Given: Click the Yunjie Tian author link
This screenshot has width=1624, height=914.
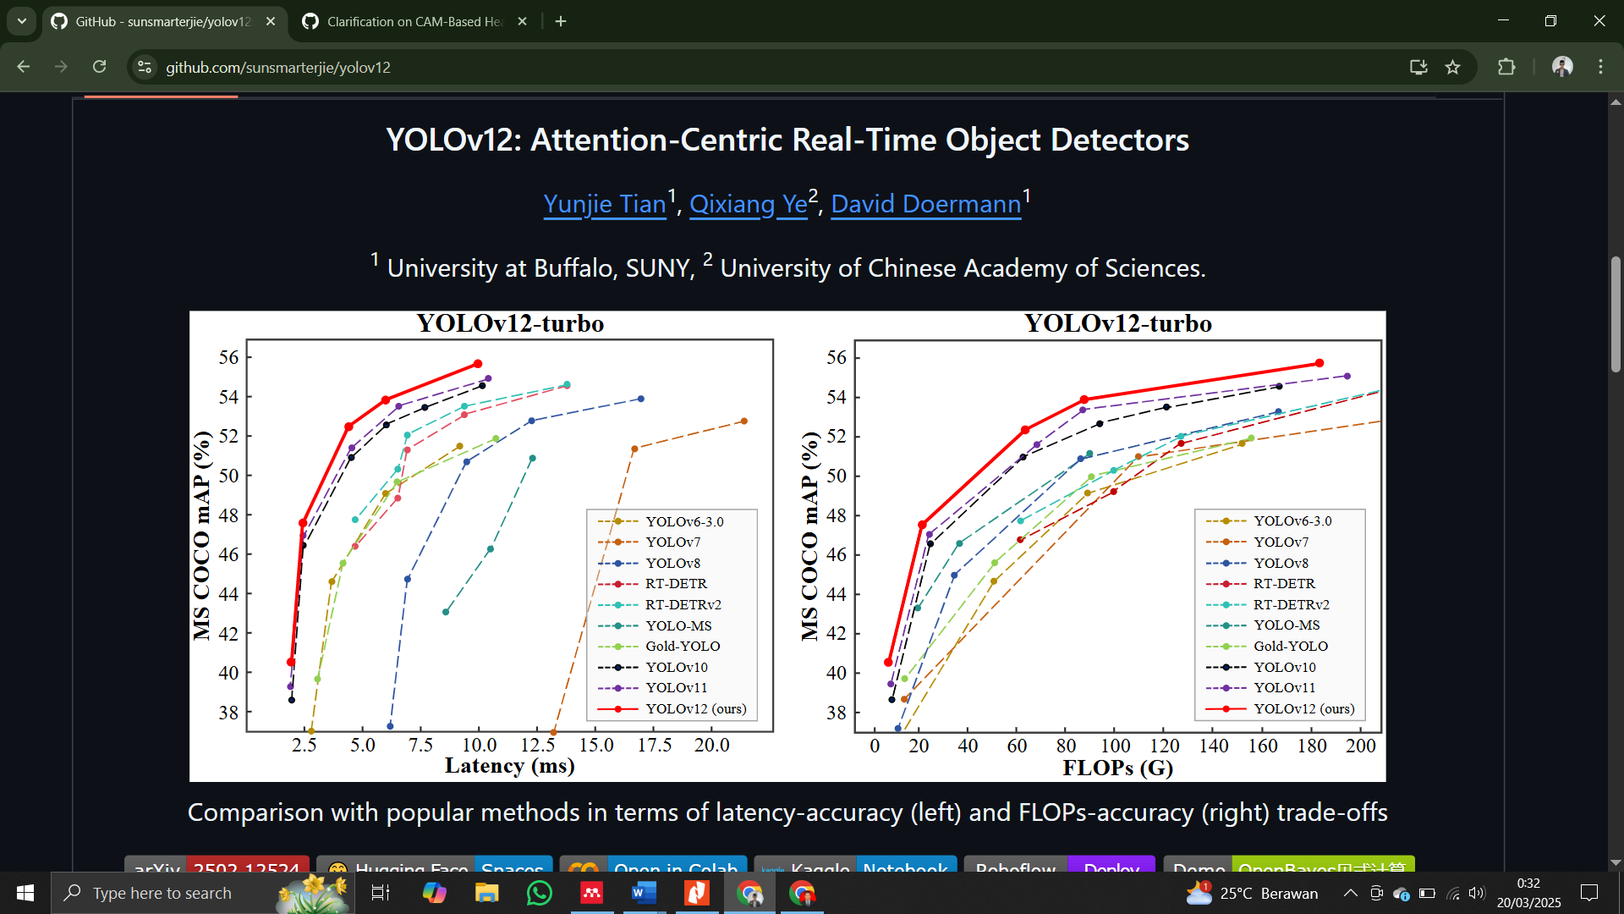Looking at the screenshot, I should (x=604, y=204).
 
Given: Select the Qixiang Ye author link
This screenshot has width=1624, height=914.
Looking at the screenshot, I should (x=748, y=204).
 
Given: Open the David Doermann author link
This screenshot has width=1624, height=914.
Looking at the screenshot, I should (x=925, y=204).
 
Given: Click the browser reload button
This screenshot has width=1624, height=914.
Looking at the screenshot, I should (x=100, y=67).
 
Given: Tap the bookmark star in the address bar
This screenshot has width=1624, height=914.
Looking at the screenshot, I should (x=1452, y=67).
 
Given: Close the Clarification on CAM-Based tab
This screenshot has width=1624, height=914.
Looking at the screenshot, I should (x=522, y=21).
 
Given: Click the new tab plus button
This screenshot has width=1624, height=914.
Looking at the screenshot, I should (x=561, y=21).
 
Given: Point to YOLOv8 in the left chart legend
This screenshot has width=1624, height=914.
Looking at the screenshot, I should (x=672, y=563).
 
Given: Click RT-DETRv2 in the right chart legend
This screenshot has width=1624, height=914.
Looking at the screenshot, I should (x=1291, y=604).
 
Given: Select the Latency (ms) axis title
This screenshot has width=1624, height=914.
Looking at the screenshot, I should (x=509, y=766).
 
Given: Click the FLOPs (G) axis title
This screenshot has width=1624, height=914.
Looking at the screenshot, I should (x=1117, y=768).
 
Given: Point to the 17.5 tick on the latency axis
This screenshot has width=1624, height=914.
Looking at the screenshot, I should (x=654, y=745).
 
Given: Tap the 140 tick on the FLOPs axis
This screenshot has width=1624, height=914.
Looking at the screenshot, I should (x=1213, y=746).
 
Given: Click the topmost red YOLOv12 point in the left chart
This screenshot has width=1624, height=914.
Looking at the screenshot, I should (x=478, y=364).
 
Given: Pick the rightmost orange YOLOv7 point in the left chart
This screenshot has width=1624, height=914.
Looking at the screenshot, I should (x=744, y=421).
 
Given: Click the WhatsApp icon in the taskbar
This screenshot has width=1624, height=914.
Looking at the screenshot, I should (x=539, y=893).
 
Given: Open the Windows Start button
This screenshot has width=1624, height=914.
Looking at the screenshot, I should (x=25, y=893).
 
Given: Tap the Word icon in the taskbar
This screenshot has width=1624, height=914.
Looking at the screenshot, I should (x=644, y=893).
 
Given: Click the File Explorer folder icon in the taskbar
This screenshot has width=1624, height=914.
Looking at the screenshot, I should (x=486, y=893).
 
